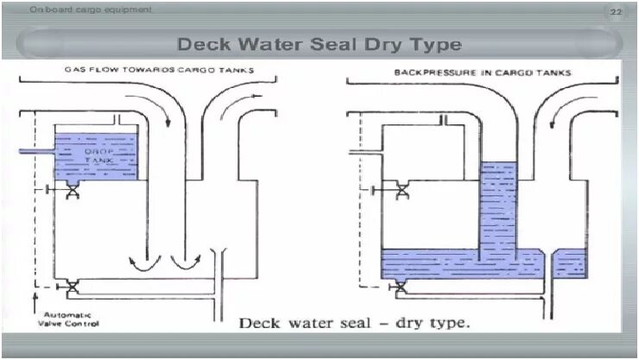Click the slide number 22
[616, 11]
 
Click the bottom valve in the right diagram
[402, 287]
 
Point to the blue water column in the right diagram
[497, 207]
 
